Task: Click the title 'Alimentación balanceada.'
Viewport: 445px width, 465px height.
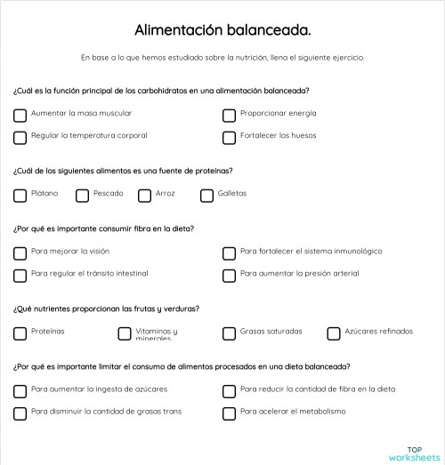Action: pyautogui.click(x=222, y=30)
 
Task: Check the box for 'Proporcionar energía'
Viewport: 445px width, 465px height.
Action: pyautogui.click(x=229, y=115)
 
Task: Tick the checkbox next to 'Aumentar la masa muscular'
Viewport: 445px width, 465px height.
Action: pyautogui.click(x=20, y=115)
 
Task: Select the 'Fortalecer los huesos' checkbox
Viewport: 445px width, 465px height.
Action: pyautogui.click(x=229, y=137)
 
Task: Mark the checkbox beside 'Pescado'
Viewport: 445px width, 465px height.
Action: pyautogui.click(x=82, y=195)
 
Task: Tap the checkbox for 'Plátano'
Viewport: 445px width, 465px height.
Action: pyautogui.click(x=20, y=195)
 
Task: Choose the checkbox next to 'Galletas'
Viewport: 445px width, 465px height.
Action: pyautogui.click(x=206, y=195)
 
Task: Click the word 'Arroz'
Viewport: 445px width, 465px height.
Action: pyautogui.click(x=165, y=193)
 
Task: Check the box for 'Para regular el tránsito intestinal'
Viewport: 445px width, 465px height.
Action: pyautogui.click(x=20, y=275)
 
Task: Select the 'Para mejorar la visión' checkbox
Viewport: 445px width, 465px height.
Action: pyautogui.click(x=20, y=253)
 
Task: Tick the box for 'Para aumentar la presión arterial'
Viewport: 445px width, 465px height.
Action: pyautogui.click(x=229, y=275)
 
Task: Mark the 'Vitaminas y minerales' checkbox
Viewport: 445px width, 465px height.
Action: pyautogui.click(x=124, y=333)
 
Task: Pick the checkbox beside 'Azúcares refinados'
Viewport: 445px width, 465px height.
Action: pyautogui.click(x=333, y=333)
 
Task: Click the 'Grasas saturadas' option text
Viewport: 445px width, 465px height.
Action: pyautogui.click(x=271, y=332)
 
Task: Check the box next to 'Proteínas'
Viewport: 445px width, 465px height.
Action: pyautogui.click(x=20, y=333)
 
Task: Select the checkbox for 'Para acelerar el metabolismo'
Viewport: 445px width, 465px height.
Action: pyautogui.click(x=229, y=413)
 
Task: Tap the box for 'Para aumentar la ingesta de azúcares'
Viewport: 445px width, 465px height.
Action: pyautogui.click(x=20, y=390)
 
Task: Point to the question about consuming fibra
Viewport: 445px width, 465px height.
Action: pyautogui.click(x=103, y=228)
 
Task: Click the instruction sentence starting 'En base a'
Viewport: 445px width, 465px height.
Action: pyautogui.click(x=222, y=58)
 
